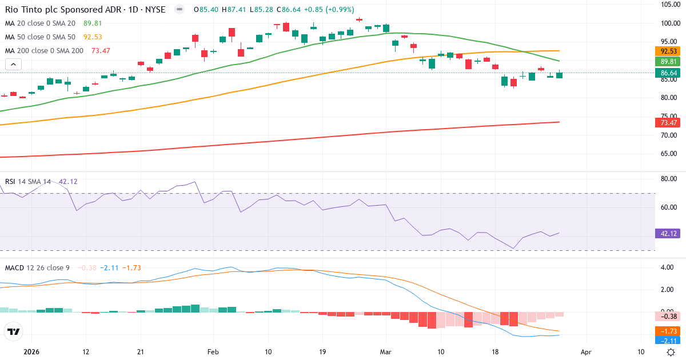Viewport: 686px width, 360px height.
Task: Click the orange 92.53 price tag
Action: (669, 51)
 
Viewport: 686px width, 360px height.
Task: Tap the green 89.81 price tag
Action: (669, 61)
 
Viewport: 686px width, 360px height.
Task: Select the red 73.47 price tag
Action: (669, 122)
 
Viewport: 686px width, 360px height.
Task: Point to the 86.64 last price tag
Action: (669, 73)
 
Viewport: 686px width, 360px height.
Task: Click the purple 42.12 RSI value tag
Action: (669, 233)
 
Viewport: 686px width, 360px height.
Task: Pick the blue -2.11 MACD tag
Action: (669, 341)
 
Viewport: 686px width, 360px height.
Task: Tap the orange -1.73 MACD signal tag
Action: (669, 331)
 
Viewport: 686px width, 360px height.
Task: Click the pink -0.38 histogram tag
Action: (669, 317)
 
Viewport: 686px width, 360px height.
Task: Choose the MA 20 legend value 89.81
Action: (93, 23)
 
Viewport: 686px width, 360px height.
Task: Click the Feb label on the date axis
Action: (213, 352)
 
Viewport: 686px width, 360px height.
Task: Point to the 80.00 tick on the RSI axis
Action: (669, 179)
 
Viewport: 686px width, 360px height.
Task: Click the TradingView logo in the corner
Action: (14, 331)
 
